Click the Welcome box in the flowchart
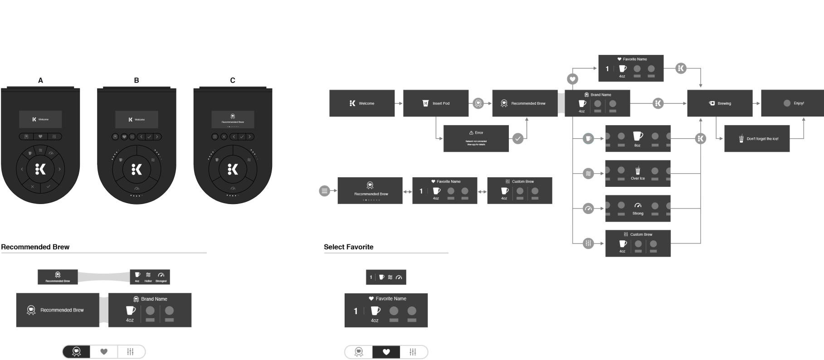tap(362, 103)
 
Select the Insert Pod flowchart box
tap(435, 103)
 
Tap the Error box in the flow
tap(476, 138)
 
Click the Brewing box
tap(720, 103)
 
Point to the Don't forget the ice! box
tap(757, 139)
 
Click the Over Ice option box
tap(638, 173)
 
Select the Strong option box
tap(638, 209)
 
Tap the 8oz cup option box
tap(638, 138)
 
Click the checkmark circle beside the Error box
tap(518, 139)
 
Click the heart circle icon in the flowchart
tap(573, 79)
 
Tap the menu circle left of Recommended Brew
tap(324, 191)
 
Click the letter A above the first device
tap(40, 80)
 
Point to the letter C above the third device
tap(233, 80)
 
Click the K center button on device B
tap(137, 169)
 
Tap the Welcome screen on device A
tap(40, 119)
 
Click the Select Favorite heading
tap(348, 247)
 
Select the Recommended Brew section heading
tap(35, 247)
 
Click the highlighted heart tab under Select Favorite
tap(386, 352)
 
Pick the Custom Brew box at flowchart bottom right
tap(638, 243)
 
